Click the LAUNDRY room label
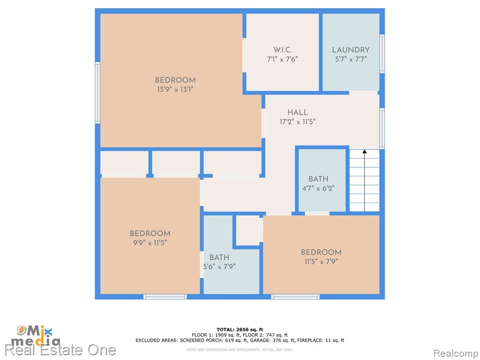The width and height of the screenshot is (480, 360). [x=351, y=50]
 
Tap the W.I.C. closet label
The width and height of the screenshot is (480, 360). [x=283, y=50]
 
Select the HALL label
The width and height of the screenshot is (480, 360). [x=298, y=112]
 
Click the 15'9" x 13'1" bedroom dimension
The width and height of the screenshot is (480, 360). [x=175, y=90]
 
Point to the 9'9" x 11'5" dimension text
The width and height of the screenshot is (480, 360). [x=150, y=243]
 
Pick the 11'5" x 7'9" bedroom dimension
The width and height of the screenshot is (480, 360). [x=321, y=262]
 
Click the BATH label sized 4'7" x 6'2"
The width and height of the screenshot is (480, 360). [x=318, y=179]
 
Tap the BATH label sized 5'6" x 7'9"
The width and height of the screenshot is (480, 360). [x=219, y=257]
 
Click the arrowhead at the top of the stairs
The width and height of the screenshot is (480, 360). [x=365, y=151]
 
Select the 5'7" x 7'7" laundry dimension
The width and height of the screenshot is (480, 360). [x=351, y=59]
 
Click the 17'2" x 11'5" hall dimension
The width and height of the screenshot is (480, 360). [x=298, y=122]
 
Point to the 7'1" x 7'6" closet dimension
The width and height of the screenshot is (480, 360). [x=283, y=59]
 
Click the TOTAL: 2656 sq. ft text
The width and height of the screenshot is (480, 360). [x=240, y=330]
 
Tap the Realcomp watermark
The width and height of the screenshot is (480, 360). [x=456, y=353]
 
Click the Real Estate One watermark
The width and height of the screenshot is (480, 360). [x=60, y=350]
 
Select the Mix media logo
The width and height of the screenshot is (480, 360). [x=36, y=336]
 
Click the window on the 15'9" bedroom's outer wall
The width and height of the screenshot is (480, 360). [x=97, y=93]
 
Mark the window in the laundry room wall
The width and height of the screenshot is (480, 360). [x=382, y=54]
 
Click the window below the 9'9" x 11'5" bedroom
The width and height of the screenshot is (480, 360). [x=165, y=297]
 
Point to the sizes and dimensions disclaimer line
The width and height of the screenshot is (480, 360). [x=240, y=350]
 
